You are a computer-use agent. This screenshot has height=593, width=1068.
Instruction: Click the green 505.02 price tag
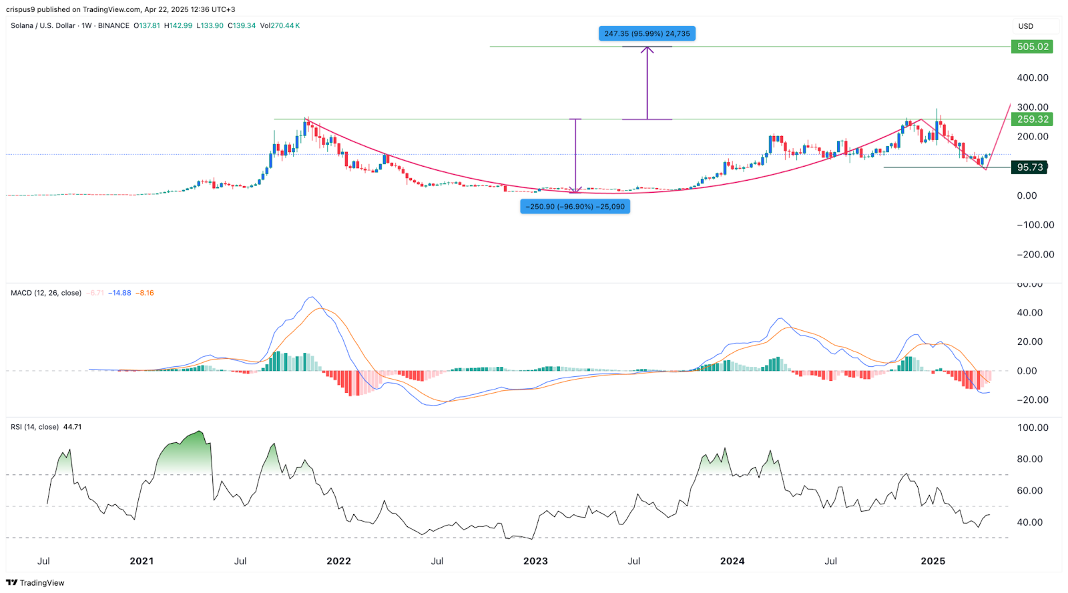[1033, 47]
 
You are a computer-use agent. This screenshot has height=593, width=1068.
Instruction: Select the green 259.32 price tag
[1033, 119]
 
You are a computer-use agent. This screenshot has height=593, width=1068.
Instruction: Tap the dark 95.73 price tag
[1029, 167]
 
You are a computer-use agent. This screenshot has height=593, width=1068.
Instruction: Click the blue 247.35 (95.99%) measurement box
[647, 33]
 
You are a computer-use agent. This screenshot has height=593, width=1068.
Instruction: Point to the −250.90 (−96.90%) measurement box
[575, 207]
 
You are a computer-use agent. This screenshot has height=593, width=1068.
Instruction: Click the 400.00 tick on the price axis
[1033, 77]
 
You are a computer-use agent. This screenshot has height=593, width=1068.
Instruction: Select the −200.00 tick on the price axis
[1035, 254]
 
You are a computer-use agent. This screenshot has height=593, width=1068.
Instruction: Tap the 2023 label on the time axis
[535, 561]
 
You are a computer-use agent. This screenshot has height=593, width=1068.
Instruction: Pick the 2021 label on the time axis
[142, 561]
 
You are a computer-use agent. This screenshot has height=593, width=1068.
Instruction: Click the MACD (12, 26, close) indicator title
[46, 293]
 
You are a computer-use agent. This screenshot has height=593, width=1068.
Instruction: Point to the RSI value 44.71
[72, 427]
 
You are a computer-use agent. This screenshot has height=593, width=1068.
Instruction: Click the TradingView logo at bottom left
[35, 582]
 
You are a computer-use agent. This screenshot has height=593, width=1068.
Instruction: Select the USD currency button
[1026, 26]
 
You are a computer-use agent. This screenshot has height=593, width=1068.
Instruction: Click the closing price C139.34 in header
[242, 26]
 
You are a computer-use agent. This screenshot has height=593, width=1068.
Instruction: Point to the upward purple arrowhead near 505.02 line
[647, 50]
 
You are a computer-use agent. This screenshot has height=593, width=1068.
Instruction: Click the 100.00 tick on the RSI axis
[1033, 428]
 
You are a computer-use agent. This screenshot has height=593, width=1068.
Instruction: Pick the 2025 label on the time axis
[932, 561]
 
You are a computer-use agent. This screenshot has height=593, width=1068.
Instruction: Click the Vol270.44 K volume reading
[280, 26]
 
